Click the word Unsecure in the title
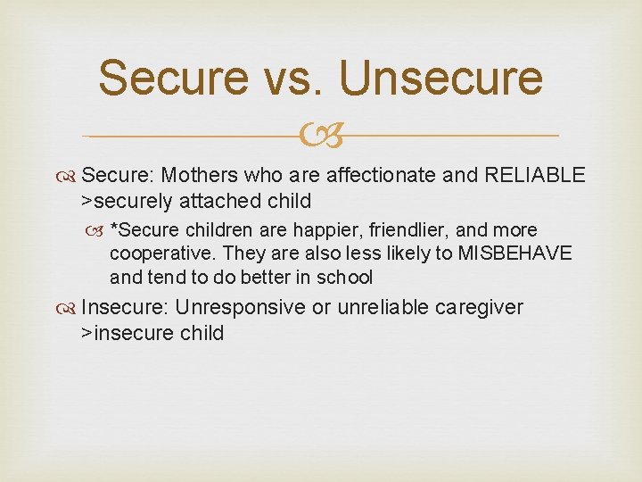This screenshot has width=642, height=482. click(440, 78)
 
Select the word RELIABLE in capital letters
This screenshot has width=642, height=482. click(534, 175)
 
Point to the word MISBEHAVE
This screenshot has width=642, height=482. click(514, 253)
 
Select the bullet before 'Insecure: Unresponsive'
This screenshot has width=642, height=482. click(69, 308)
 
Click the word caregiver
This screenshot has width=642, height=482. click(479, 307)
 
